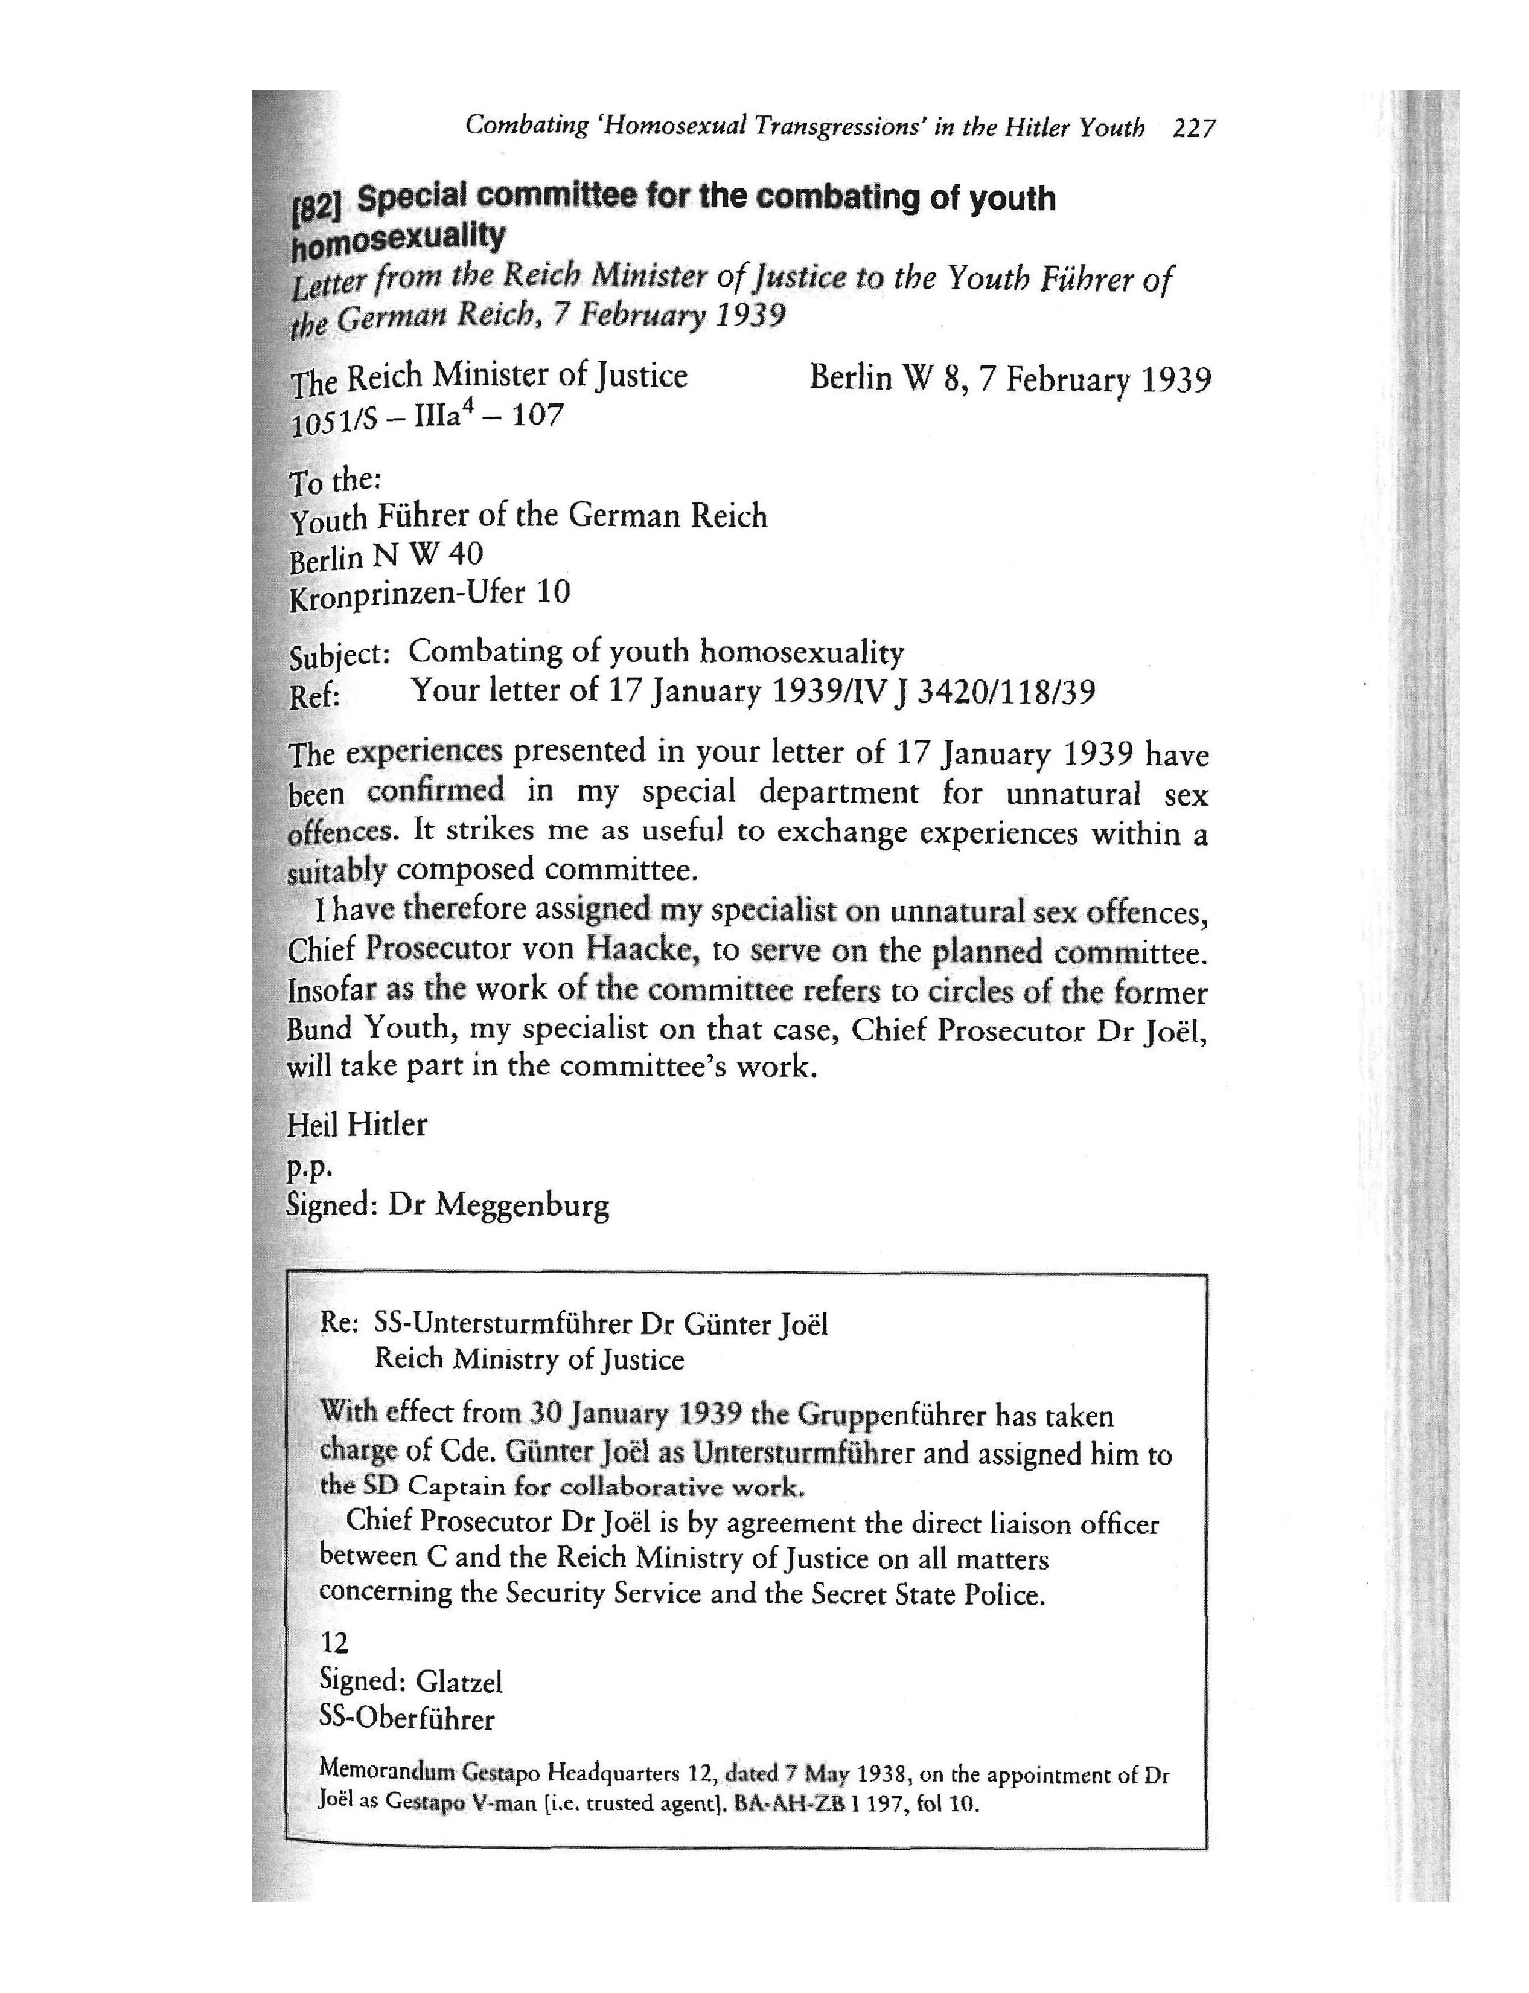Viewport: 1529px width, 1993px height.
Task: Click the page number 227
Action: pos(1194,129)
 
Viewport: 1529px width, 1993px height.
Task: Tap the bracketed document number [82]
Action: pos(316,208)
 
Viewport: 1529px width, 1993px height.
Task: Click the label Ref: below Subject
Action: pos(314,696)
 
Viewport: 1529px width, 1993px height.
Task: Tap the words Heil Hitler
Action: pos(357,1125)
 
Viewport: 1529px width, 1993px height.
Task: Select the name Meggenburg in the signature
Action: pos(523,1205)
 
